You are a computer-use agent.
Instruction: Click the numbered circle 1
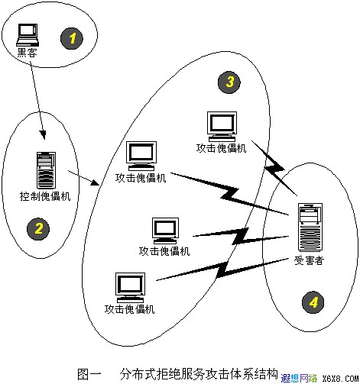click(x=72, y=38)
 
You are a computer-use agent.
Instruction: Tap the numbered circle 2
click(x=38, y=228)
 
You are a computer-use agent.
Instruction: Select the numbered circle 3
click(x=229, y=82)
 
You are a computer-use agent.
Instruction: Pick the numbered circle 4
click(x=313, y=302)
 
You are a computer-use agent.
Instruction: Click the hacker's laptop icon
click(x=28, y=35)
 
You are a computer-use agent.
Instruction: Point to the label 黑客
click(x=27, y=53)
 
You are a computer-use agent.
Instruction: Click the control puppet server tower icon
click(x=46, y=170)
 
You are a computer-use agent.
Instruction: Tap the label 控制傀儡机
click(x=45, y=196)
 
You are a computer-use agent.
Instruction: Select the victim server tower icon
click(x=310, y=227)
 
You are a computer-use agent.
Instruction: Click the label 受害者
click(x=309, y=260)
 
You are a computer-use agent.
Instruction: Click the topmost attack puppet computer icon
click(x=222, y=127)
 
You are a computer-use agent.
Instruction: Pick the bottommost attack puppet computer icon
click(x=130, y=288)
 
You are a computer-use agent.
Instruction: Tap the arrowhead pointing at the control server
click(x=43, y=135)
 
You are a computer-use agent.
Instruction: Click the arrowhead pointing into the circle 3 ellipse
click(x=95, y=182)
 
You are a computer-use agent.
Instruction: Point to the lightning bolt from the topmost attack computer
click(x=274, y=168)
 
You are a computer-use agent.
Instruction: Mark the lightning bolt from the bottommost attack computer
click(x=222, y=270)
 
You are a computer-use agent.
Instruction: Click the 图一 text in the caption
click(x=89, y=374)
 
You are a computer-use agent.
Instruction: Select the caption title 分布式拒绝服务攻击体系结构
click(x=199, y=374)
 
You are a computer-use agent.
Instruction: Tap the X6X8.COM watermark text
click(x=340, y=379)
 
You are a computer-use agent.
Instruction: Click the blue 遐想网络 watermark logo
click(x=299, y=378)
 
